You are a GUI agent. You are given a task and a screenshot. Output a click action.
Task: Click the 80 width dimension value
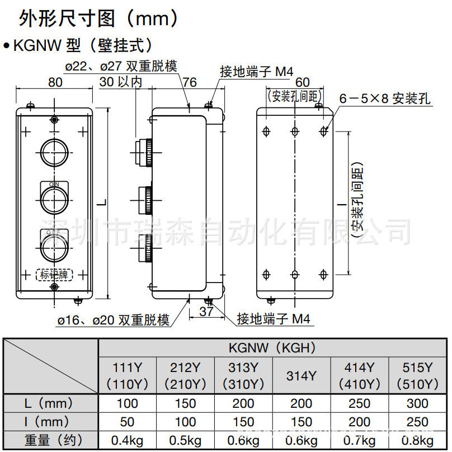(x=54, y=82)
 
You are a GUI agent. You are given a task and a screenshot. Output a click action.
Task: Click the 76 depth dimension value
(x=190, y=82)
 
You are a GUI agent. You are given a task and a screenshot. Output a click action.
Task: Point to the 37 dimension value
(x=206, y=312)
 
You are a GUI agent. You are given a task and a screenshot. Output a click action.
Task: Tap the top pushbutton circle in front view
(x=54, y=149)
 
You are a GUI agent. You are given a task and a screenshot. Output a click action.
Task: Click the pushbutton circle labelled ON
(x=54, y=195)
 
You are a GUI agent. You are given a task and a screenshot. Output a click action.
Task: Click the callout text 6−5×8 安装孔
(x=385, y=99)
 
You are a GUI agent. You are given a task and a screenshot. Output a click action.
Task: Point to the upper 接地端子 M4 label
(x=257, y=71)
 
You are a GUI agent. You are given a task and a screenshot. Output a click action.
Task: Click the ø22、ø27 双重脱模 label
(x=121, y=66)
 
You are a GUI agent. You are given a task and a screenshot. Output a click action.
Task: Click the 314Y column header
(x=301, y=376)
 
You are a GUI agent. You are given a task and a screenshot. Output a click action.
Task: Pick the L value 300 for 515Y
(x=417, y=403)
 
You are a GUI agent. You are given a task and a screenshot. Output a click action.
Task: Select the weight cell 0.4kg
(x=128, y=440)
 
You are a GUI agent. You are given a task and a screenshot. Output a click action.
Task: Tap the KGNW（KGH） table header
(x=272, y=348)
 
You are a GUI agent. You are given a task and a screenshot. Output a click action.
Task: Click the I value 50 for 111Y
(x=128, y=421)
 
